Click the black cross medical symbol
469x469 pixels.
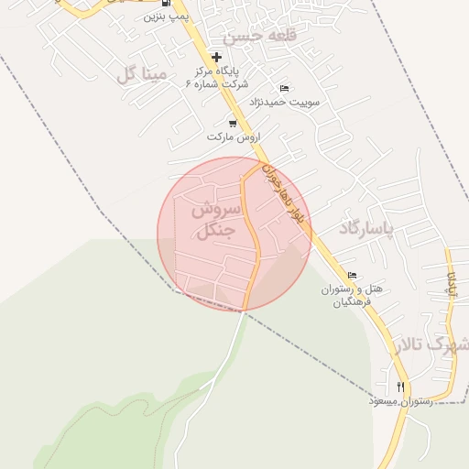pos(216,57)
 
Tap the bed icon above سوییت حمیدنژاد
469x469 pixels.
pos(284,88)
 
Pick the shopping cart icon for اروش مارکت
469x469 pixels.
pos(233,123)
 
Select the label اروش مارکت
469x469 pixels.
pos(229,136)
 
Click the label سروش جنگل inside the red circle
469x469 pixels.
pos(214,220)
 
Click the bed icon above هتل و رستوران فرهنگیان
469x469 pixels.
pos(352,276)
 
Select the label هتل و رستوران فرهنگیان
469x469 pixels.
pos(350,295)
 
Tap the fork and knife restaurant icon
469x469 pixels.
pos(401,387)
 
